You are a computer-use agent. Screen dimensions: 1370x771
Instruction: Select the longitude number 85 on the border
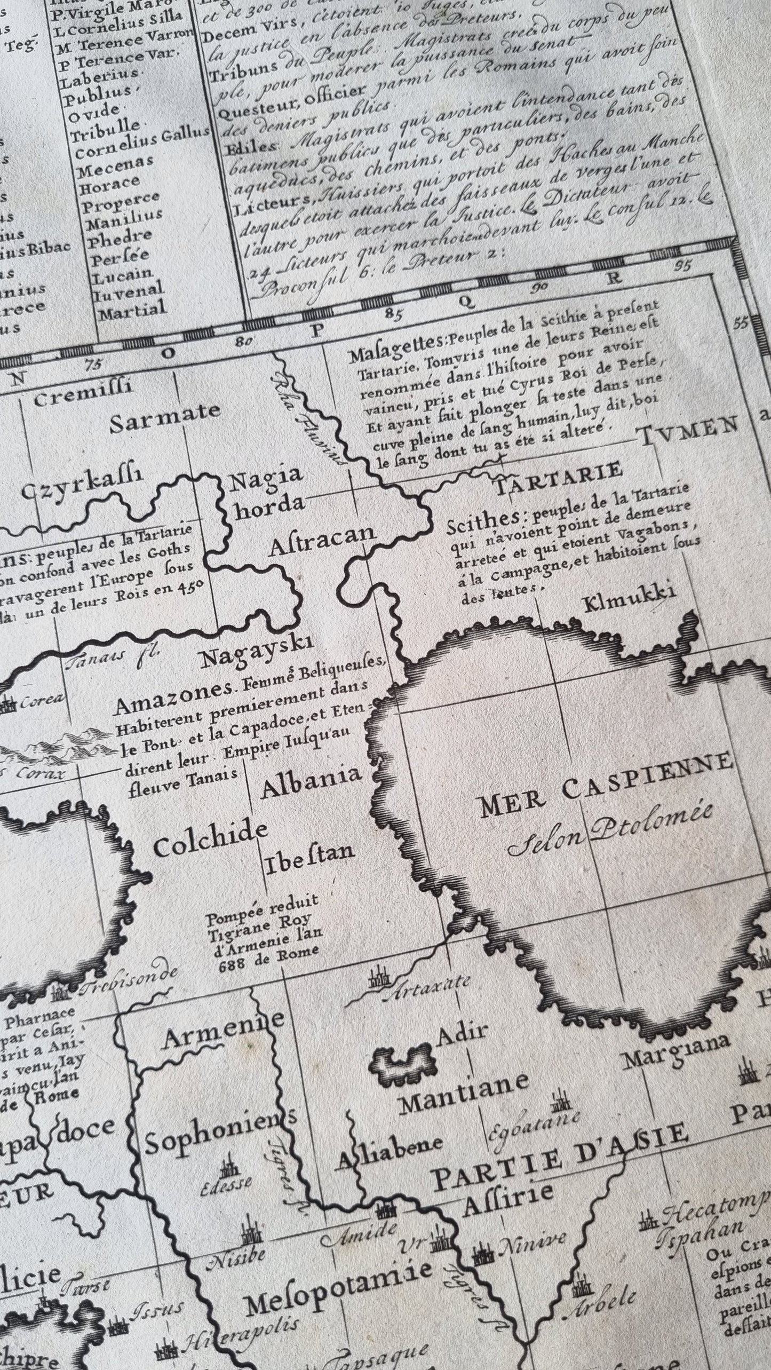[x=395, y=314]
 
